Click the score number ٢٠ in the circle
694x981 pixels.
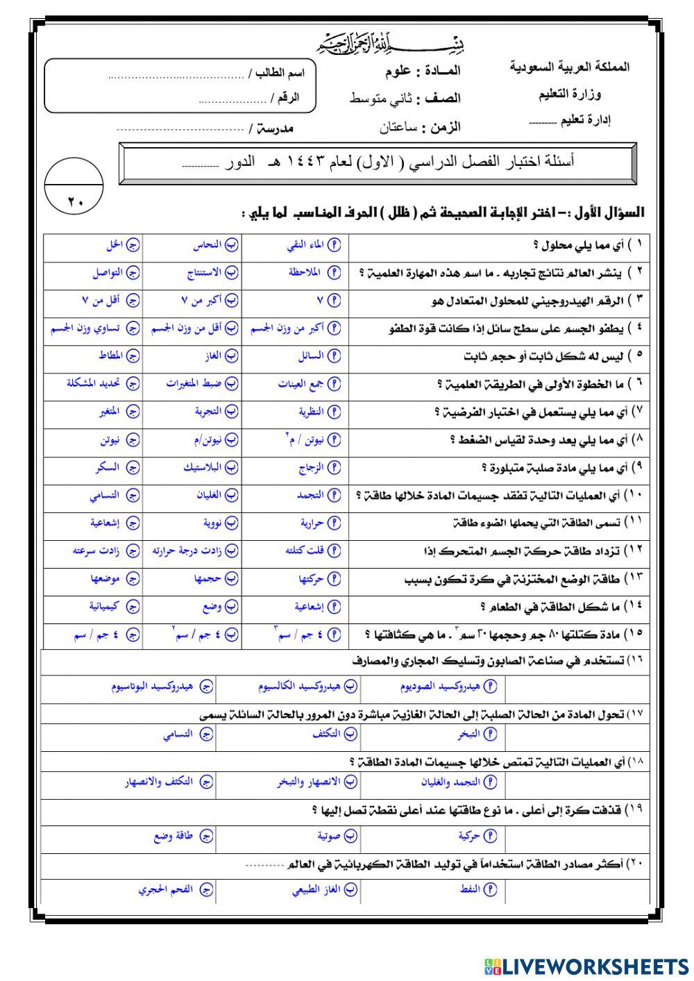coord(74,202)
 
